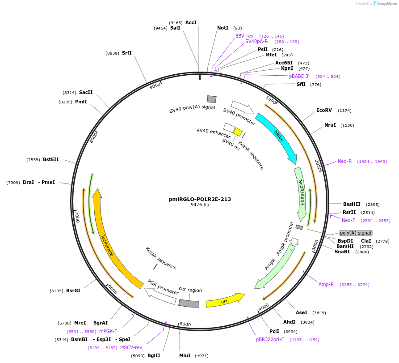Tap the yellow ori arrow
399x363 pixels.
click(x=225, y=301)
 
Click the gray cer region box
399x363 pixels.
click(x=188, y=303)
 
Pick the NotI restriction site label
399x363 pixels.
click(x=223, y=28)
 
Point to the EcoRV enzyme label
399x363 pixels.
click(x=324, y=110)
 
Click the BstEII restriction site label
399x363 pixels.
click(x=50, y=159)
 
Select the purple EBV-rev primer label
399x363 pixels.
click(x=244, y=36)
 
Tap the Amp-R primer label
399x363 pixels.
click(x=326, y=284)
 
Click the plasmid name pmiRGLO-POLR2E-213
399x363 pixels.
click(x=200, y=199)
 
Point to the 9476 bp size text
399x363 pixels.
click(x=200, y=205)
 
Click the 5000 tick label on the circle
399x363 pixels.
click(x=185, y=324)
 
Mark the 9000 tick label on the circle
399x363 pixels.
click(x=155, y=85)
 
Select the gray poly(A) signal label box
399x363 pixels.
click(x=356, y=233)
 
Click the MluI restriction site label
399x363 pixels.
click(x=185, y=355)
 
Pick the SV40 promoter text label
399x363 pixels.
click(x=239, y=117)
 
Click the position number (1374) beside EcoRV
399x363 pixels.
click(x=344, y=110)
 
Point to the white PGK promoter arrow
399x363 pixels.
click(x=161, y=295)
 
